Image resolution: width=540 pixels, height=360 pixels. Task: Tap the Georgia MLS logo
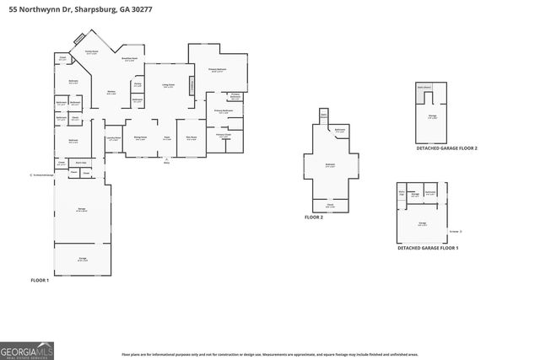click(29, 350)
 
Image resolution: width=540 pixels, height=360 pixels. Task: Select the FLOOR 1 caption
click(40, 279)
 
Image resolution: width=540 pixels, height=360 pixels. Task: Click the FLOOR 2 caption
click(314, 217)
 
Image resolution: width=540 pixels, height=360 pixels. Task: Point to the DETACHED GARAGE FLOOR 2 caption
click(446, 148)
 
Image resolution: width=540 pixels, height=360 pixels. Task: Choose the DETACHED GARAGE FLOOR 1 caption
click(428, 248)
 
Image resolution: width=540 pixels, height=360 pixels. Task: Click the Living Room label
click(156, 85)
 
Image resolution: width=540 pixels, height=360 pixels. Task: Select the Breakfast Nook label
click(130, 59)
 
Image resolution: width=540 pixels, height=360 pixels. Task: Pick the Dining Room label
click(141, 138)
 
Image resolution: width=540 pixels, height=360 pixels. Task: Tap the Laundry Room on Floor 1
click(113, 139)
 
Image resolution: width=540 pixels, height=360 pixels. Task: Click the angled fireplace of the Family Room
click(78, 39)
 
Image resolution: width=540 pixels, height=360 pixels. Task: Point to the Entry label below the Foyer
click(166, 162)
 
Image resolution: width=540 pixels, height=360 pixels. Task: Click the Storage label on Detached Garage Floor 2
click(431, 118)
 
